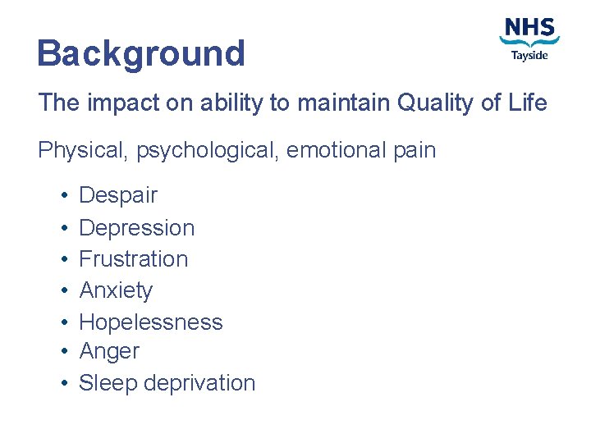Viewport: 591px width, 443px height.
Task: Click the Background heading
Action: [141, 54]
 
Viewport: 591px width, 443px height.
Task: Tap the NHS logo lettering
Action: [529, 28]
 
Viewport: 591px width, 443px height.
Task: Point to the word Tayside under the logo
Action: [529, 55]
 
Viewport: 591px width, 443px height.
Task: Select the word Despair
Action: [117, 196]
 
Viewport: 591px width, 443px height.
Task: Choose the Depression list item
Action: [136, 227]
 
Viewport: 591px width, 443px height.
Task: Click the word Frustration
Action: [133, 258]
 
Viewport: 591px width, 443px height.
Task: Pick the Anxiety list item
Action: [116, 290]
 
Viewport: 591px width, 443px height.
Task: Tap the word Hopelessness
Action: [150, 322]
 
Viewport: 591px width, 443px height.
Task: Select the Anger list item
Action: [109, 352]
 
